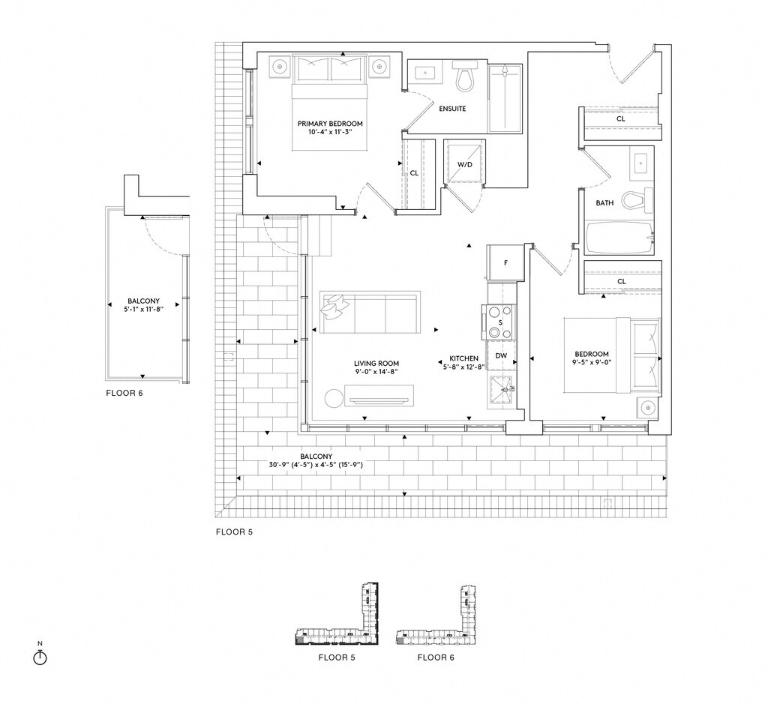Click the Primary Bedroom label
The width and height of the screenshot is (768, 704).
click(x=330, y=124)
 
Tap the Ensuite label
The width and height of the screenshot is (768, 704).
click(x=452, y=109)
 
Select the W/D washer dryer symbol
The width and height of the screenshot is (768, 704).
click(x=464, y=164)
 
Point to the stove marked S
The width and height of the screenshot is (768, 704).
click(x=500, y=322)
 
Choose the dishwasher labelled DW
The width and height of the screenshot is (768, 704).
click(x=501, y=355)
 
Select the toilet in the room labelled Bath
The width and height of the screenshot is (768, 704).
click(x=637, y=199)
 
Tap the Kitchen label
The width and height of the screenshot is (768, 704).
click(x=463, y=358)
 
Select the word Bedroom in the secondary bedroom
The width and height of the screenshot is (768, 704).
click(x=591, y=355)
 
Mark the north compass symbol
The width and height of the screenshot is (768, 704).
click(x=41, y=657)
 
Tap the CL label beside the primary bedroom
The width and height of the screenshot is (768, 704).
click(x=414, y=172)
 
